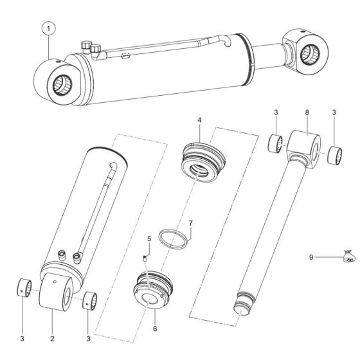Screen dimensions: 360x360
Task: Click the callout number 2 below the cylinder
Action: pyautogui.click(x=53, y=336)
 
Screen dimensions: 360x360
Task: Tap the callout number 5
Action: pyautogui.click(x=148, y=239)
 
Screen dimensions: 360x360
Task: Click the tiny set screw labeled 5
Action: pyautogui.click(x=145, y=258)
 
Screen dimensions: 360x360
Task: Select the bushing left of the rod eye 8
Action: pyautogui.click(x=276, y=143)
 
